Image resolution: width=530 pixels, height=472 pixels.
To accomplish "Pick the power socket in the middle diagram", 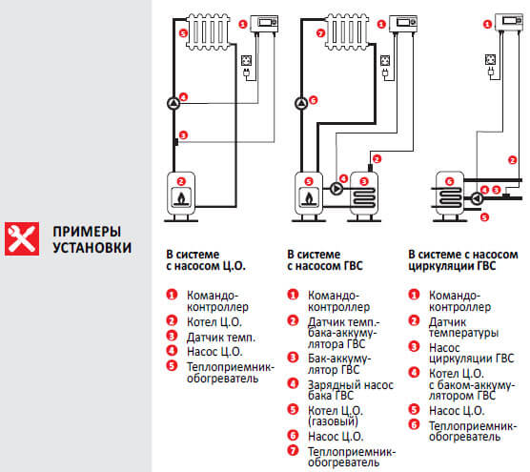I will (385, 68).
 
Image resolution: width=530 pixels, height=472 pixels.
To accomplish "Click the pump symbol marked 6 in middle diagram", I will (302, 102).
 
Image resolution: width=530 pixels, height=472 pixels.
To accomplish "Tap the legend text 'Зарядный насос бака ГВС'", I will (339, 389).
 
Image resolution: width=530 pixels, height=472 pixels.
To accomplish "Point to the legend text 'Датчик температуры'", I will (463, 327).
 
